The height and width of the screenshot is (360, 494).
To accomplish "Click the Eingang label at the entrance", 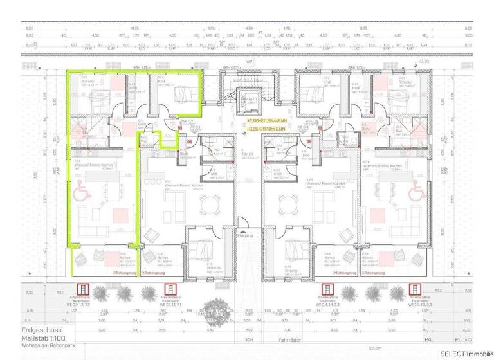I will (247, 235).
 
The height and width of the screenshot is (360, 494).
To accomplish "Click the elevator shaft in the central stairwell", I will (247, 102).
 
